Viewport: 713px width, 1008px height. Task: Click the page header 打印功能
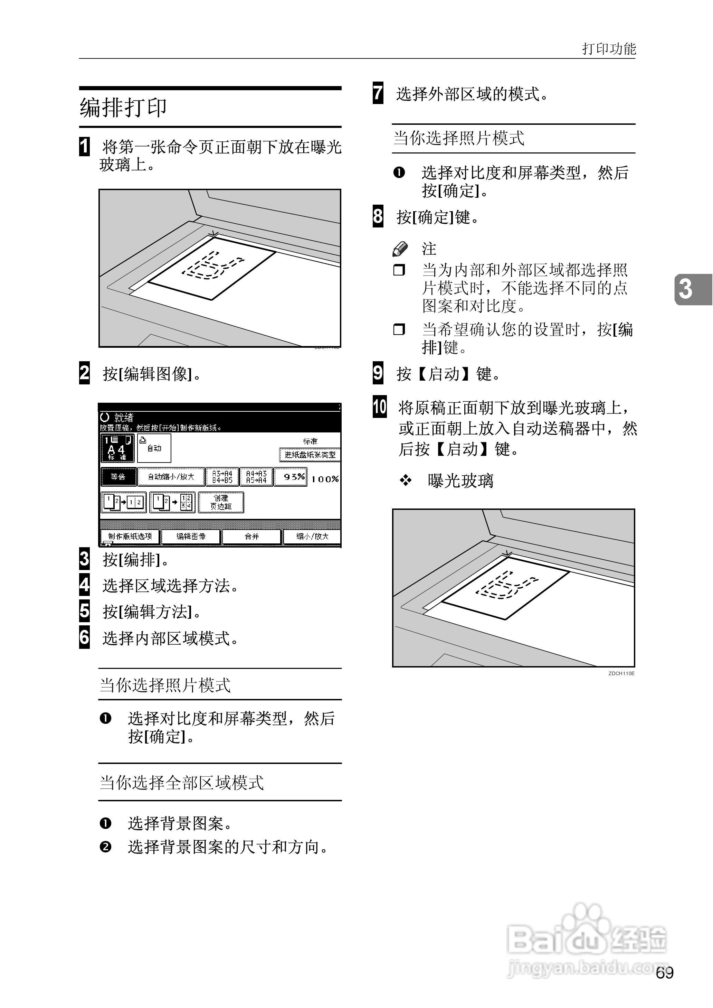[609, 48]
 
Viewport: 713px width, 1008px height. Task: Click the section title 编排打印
[123, 107]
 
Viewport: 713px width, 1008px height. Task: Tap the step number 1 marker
[84, 147]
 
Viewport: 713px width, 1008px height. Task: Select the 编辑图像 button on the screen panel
[191, 536]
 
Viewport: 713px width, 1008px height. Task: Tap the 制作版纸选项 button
[130, 536]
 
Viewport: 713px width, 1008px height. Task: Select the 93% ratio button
[291, 477]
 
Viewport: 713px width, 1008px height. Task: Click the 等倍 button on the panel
[118, 477]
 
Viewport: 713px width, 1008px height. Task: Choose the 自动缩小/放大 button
[171, 477]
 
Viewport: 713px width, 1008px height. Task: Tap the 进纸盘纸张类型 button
[310, 455]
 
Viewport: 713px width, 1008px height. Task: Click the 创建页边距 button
[221, 502]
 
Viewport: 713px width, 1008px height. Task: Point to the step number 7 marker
[378, 93]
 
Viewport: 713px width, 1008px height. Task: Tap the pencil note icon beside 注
[400, 249]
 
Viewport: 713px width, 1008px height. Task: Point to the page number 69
[664, 973]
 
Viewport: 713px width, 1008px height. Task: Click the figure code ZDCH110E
[621, 673]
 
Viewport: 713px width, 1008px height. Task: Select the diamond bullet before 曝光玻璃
[405, 480]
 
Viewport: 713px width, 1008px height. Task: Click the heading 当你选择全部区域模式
[182, 782]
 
